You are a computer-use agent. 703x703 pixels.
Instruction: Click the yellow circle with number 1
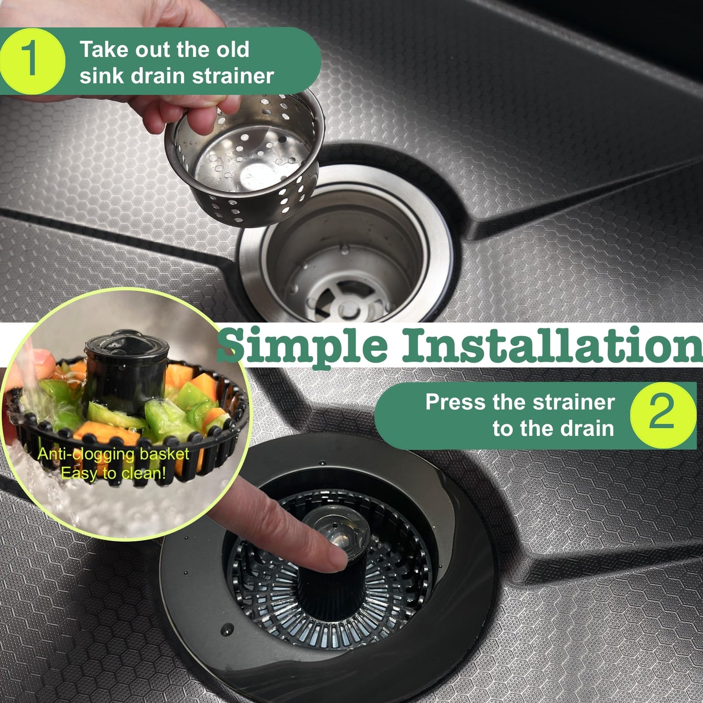tap(32, 61)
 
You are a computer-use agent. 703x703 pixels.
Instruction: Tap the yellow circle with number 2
tap(663, 415)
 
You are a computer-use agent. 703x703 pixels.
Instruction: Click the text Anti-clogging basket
tap(113, 454)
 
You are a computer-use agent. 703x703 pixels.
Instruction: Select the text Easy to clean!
tap(113, 473)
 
